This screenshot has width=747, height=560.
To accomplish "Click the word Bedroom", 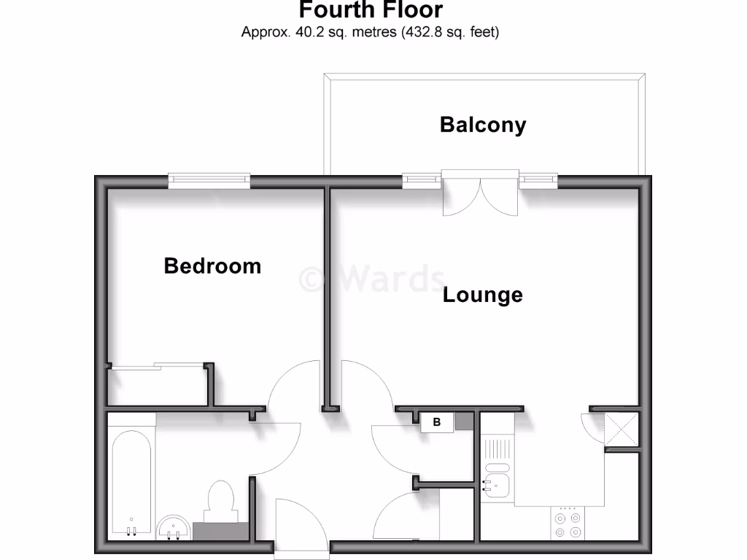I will pos(212,266).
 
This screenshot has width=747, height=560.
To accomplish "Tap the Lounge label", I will pos(483,295).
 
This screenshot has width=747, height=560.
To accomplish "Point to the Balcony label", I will pos(482,125).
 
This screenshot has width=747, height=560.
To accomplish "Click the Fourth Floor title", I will pos(370,10).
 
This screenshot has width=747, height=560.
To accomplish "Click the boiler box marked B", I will pos(437,422).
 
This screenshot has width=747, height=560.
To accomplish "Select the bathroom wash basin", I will pos(174,527).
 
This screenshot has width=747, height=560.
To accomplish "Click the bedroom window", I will pos(209,179).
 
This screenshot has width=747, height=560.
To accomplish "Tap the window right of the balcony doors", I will pos(538,179).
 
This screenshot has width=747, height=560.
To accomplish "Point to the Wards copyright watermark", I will pos(372,279).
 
